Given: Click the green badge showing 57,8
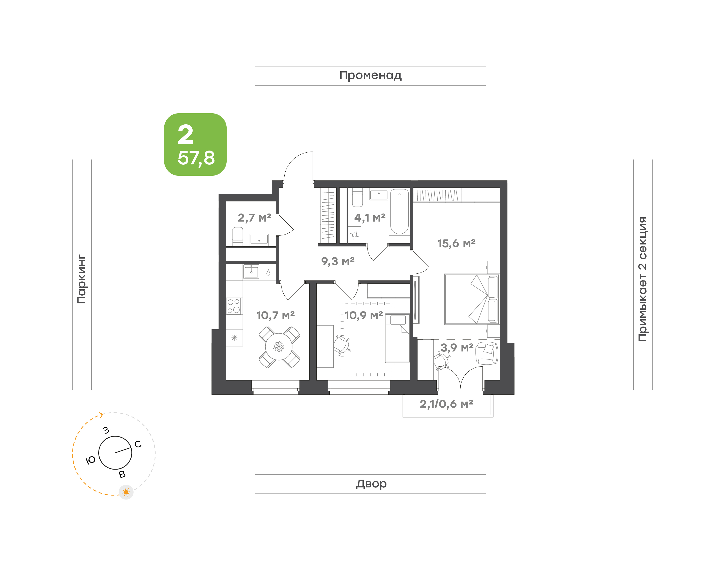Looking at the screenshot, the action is click(x=195, y=144).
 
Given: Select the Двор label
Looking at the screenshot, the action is click(x=371, y=483).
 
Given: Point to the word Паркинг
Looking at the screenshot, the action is click(x=81, y=279).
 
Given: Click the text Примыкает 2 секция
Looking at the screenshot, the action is click(x=642, y=279).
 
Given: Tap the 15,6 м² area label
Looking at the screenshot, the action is click(x=456, y=243).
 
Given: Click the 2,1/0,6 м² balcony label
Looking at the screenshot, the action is click(x=446, y=404).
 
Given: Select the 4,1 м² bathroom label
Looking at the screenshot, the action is click(x=370, y=218).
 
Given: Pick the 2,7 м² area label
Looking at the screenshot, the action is click(x=254, y=218).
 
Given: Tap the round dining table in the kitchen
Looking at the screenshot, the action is click(x=279, y=346).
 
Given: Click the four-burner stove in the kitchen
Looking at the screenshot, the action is click(x=234, y=306).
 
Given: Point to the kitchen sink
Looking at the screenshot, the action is click(x=251, y=271).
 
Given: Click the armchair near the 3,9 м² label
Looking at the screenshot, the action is click(x=487, y=353).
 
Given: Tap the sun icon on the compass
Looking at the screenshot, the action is click(x=126, y=492).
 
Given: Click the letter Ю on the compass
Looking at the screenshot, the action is click(x=91, y=460).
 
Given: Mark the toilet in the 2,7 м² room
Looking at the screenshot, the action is click(x=237, y=236).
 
